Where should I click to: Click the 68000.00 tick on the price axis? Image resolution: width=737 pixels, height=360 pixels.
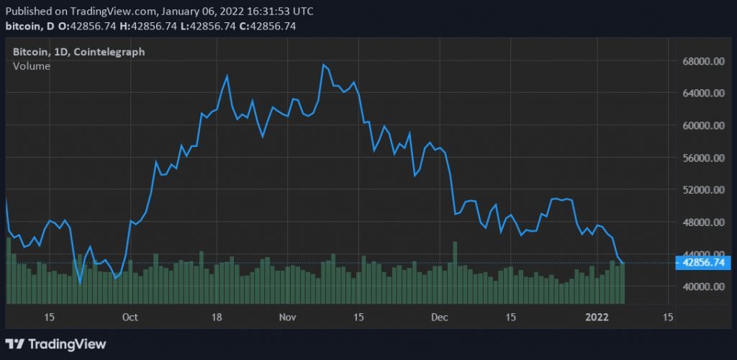click(702, 61)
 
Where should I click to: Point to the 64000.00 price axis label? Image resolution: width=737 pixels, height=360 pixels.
click(702, 93)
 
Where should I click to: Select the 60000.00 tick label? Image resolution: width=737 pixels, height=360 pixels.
click(702, 125)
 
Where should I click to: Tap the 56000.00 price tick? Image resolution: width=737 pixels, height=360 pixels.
click(702, 158)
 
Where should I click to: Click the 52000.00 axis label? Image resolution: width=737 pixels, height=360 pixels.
click(702, 190)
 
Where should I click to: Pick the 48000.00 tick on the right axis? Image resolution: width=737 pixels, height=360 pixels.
click(702, 222)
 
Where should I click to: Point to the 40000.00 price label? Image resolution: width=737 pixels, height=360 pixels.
click(702, 287)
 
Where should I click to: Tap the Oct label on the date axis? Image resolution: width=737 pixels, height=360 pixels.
click(130, 318)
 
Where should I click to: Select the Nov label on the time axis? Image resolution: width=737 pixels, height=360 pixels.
click(288, 318)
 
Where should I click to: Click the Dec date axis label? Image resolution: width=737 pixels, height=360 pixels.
click(440, 318)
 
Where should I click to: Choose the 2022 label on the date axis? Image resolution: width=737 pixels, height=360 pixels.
click(597, 318)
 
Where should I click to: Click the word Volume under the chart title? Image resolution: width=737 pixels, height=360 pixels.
click(32, 66)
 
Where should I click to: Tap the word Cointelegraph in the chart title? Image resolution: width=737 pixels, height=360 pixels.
click(115, 52)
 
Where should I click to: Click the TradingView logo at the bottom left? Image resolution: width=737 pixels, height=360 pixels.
click(55, 344)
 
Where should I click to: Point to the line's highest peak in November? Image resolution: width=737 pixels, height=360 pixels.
click(324, 65)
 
